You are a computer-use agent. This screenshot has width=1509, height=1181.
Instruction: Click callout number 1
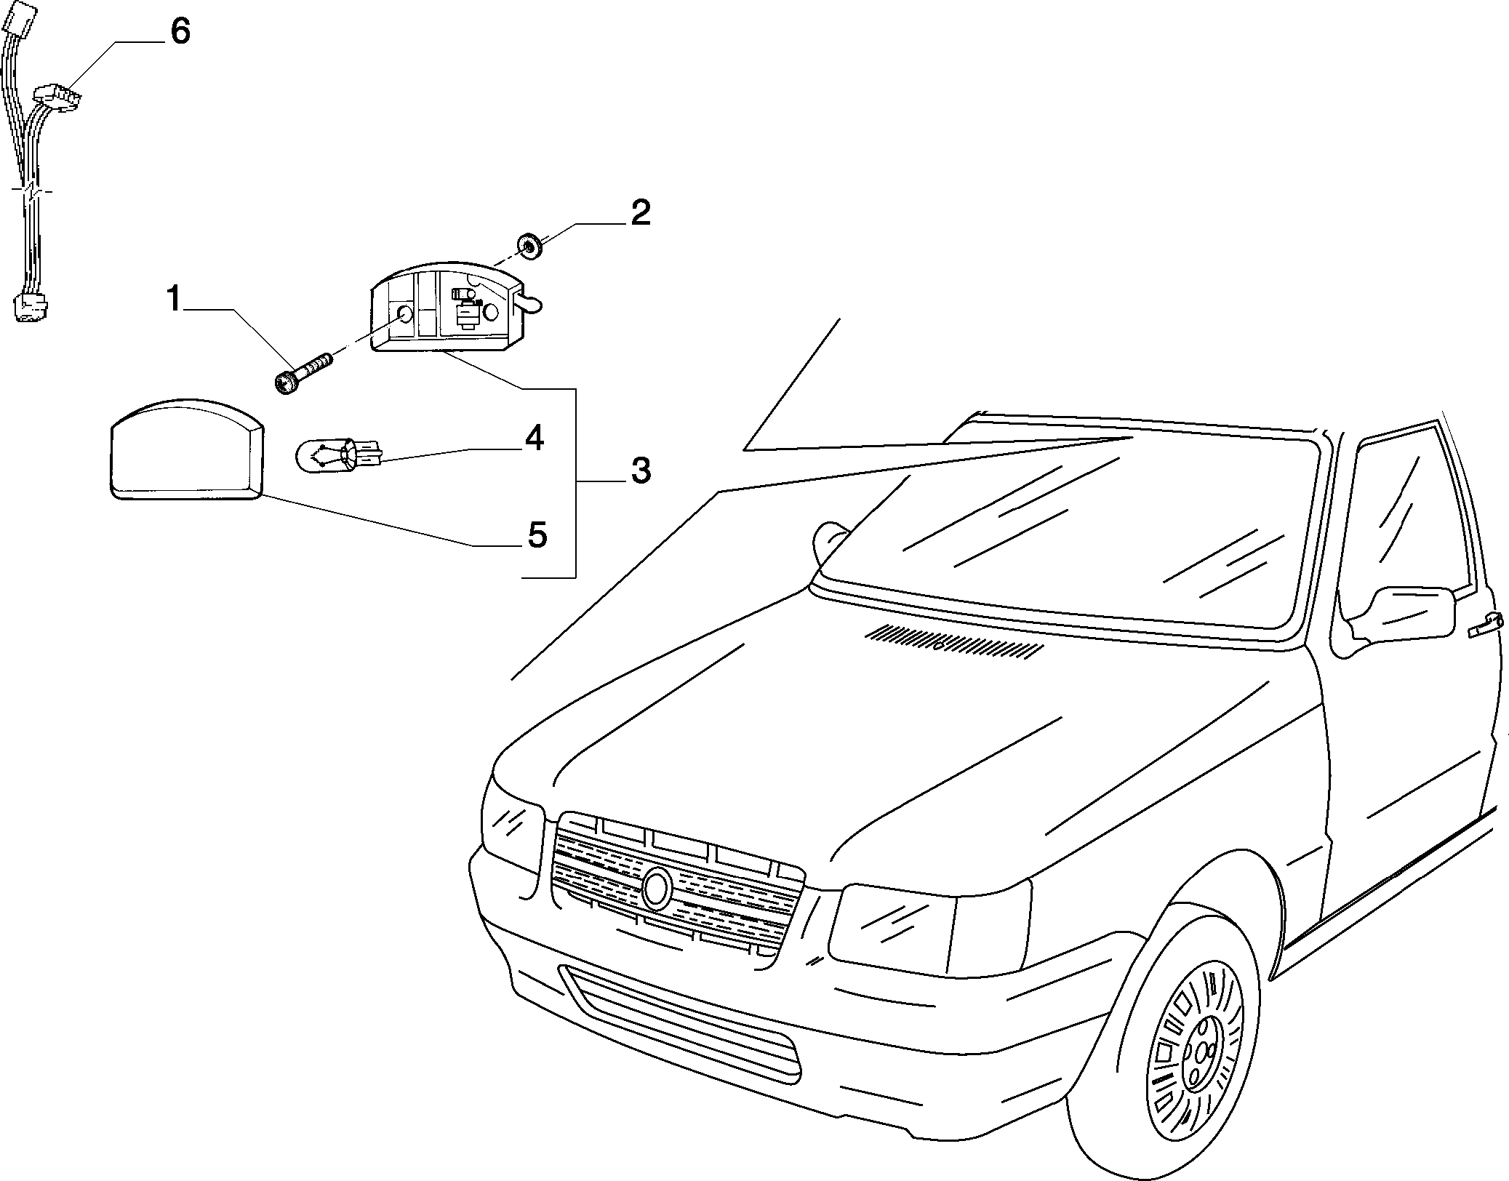[x=173, y=299]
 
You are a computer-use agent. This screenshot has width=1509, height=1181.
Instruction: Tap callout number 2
[x=640, y=213]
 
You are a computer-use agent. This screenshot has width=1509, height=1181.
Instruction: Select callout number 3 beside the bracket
[x=640, y=471]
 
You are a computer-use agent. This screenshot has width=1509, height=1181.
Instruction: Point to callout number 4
[x=535, y=439]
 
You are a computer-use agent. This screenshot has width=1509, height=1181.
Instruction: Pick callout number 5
[x=537, y=536]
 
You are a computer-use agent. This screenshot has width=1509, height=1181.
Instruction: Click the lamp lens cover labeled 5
[x=186, y=449]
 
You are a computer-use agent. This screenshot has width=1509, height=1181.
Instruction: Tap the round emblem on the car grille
[x=657, y=888]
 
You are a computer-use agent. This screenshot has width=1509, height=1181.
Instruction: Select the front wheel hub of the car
[x=1198, y=1065]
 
